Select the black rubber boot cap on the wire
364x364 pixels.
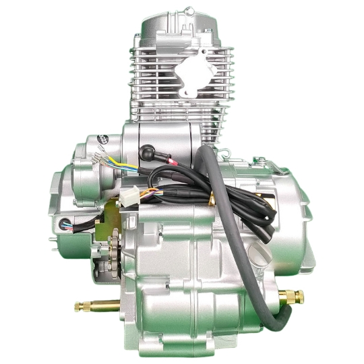(x=146, y=152)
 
